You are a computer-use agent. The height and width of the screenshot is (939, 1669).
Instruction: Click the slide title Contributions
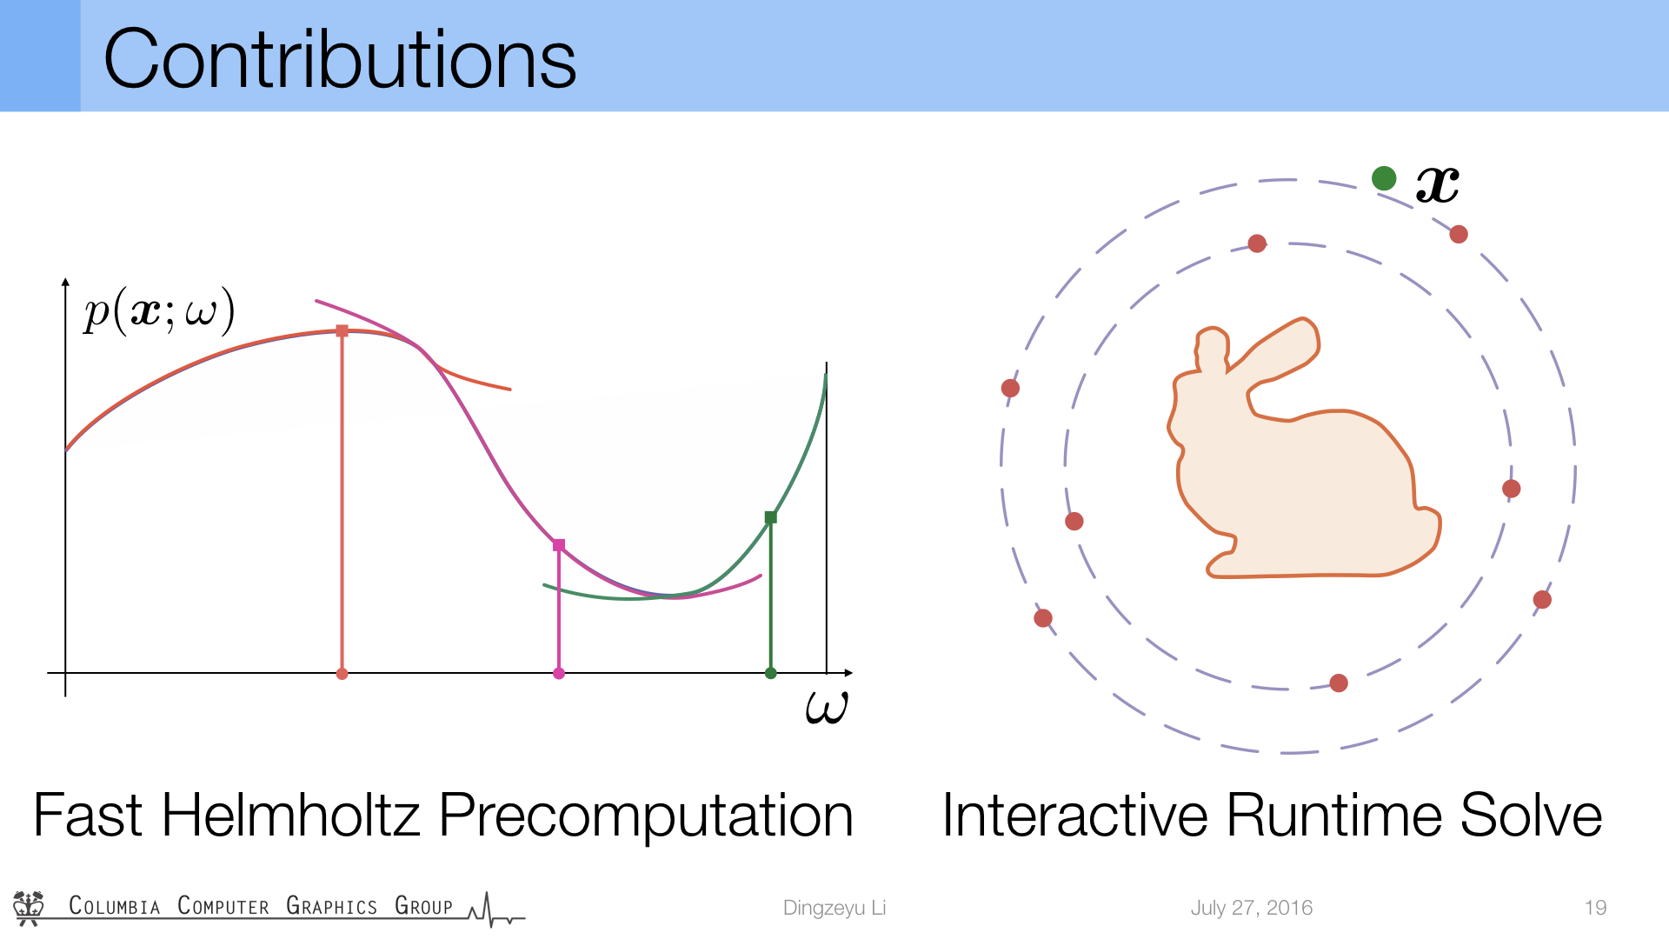click(x=340, y=59)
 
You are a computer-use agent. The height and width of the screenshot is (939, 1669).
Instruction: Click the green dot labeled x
click(x=1384, y=178)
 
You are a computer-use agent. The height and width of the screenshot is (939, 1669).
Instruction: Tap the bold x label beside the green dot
click(x=1438, y=184)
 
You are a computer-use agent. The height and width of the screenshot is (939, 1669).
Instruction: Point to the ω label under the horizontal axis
click(x=827, y=707)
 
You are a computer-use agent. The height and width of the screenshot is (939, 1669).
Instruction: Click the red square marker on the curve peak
click(x=342, y=331)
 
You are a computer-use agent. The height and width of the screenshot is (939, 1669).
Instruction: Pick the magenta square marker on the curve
click(x=559, y=545)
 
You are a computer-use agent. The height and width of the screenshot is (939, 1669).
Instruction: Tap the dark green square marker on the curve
click(x=770, y=517)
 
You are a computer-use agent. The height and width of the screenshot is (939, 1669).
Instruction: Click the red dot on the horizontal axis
click(x=342, y=674)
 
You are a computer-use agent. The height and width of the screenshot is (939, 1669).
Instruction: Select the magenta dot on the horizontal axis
click(x=559, y=674)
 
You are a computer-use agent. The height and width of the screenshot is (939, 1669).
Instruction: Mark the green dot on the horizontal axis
click(x=770, y=673)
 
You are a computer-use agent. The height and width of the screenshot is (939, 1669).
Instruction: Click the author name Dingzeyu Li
click(x=834, y=908)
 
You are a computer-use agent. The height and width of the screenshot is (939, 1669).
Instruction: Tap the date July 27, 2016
click(x=1252, y=908)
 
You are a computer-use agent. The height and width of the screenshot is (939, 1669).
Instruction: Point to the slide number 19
click(x=1595, y=908)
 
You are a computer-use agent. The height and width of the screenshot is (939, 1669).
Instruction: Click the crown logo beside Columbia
click(x=29, y=908)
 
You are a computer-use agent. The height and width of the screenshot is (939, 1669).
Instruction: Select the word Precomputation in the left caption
click(x=646, y=817)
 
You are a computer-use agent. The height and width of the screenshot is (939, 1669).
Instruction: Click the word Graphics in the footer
click(x=332, y=906)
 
